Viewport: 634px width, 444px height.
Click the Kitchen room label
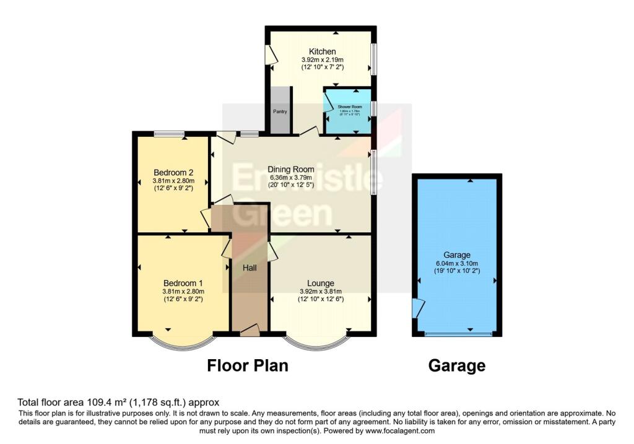click(x=322, y=51)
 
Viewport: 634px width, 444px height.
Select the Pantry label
click(x=280, y=111)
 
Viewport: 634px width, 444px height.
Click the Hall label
click(x=250, y=267)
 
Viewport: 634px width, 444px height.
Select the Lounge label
click(x=321, y=284)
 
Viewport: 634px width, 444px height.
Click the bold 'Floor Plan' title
click(x=247, y=365)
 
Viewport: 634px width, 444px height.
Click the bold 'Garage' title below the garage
click(x=457, y=365)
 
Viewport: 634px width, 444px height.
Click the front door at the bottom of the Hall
click(x=250, y=331)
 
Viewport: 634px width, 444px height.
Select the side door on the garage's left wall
click(x=419, y=308)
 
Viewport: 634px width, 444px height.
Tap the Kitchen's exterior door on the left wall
click(x=271, y=56)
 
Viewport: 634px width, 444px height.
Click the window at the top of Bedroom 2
click(x=168, y=133)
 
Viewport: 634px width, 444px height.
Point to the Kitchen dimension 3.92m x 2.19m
click(x=322, y=59)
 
